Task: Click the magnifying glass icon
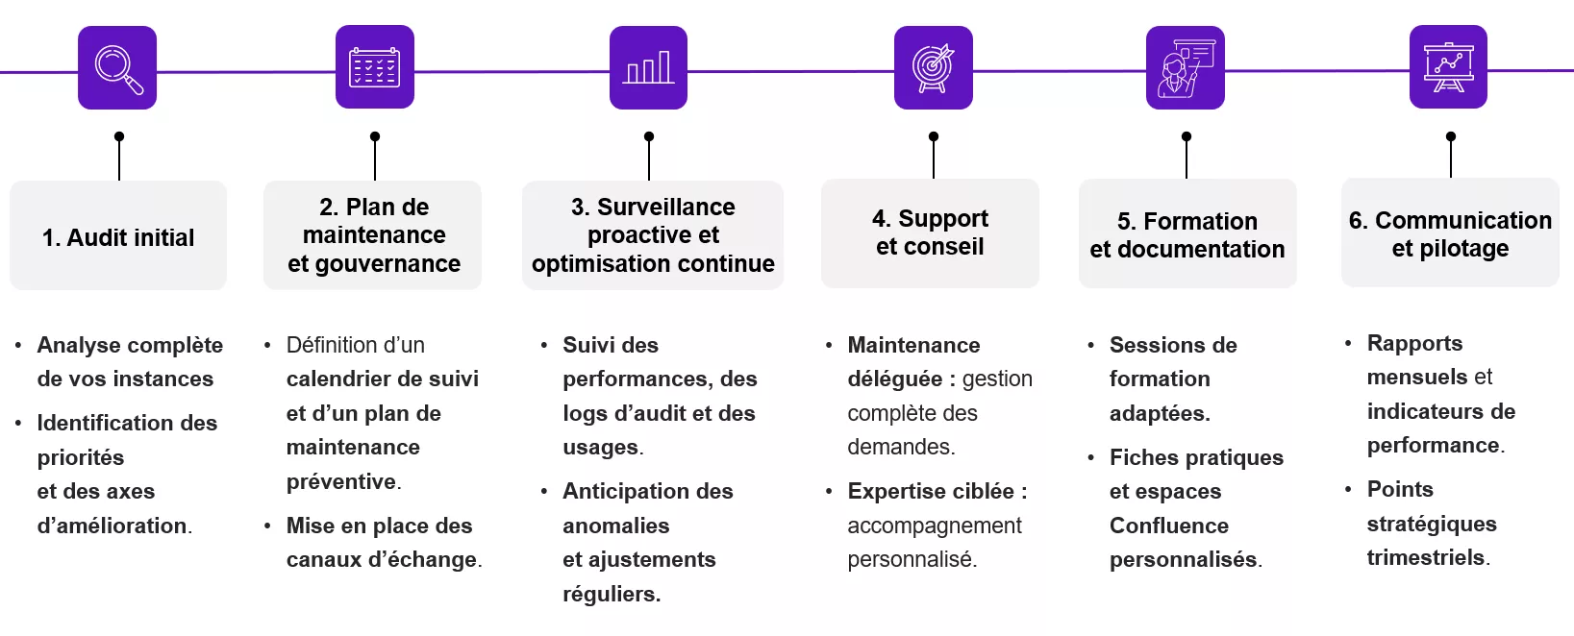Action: pyautogui.click(x=117, y=68)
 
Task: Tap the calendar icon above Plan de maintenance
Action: pyautogui.click(x=374, y=67)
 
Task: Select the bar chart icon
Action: pyautogui.click(x=648, y=67)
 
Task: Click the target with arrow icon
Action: pyautogui.click(x=933, y=67)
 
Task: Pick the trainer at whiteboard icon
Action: pyautogui.click(x=1185, y=67)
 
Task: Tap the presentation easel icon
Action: pyautogui.click(x=1448, y=67)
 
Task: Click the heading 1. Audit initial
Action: pyautogui.click(x=118, y=237)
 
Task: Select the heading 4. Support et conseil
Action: pyautogui.click(x=930, y=232)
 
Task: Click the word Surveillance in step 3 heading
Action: pyautogui.click(x=665, y=207)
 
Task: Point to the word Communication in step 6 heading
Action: pyautogui.click(x=1462, y=220)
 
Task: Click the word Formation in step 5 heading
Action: pyautogui.click(x=1200, y=221)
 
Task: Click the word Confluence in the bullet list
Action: pyautogui.click(x=1168, y=526)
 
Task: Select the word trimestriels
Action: pyautogui.click(x=1425, y=557)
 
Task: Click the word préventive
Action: pyautogui.click(x=341, y=481)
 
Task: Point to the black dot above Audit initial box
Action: pyautogui.click(x=119, y=136)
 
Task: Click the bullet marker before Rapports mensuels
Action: pyautogui.click(x=1348, y=343)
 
